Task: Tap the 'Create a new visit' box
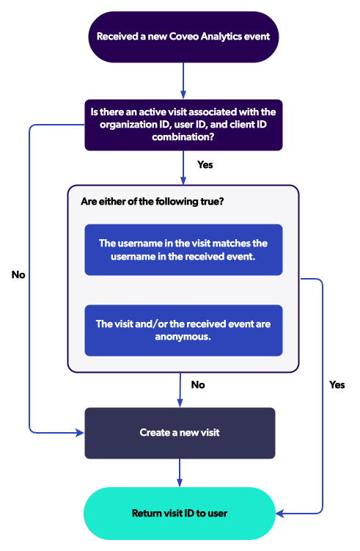point(180,433)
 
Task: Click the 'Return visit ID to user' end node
point(180,513)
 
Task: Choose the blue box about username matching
point(183,249)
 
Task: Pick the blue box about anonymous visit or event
point(183,330)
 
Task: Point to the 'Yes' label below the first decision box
point(205,164)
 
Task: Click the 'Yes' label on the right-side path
point(337,384)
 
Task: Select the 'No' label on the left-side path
point(18,275)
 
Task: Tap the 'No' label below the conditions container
point(198,384)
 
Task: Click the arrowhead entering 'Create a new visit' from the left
point(81,433)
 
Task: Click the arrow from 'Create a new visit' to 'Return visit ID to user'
point(180,472)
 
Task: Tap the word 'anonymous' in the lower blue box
point(183,337)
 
